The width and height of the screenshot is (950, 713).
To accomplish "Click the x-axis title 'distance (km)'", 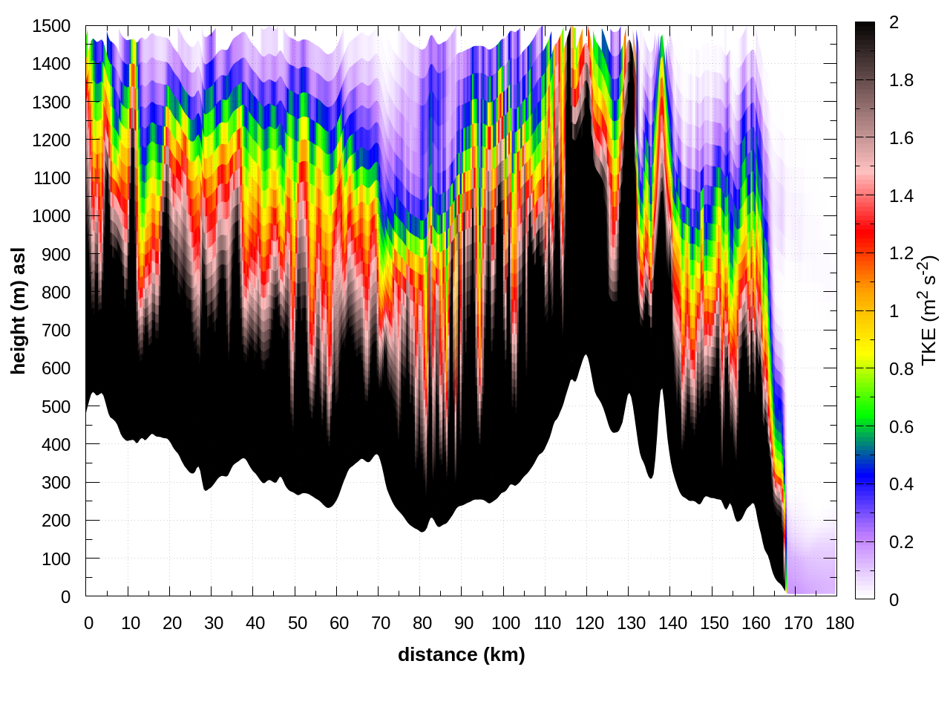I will click(x=461, y=654).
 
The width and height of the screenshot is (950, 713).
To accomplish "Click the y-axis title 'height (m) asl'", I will click(x=19, y=310).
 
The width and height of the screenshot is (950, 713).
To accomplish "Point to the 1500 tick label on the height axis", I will click(x=51, y=26).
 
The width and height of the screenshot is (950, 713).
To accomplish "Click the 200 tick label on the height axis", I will click(x=56, y=521).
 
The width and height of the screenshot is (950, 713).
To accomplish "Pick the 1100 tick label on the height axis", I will click(x=51, y=178).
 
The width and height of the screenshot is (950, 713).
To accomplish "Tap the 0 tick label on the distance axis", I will click(x=89, y=623).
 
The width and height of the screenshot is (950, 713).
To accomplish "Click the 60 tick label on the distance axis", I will click(x=339, y=623).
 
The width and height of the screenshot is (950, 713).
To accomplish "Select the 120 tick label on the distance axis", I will click(x=589, y=623).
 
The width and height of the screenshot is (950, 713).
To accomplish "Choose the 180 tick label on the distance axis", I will click(x=839, y=623).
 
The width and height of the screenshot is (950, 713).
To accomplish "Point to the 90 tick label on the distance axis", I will click(x=464, y=623).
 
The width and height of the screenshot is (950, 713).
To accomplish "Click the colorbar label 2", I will click(x=894, y=22).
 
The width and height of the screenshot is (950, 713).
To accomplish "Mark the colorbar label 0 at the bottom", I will click(x=894, y=599).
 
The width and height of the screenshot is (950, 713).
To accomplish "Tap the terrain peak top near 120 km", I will click(x=586, y=355).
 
